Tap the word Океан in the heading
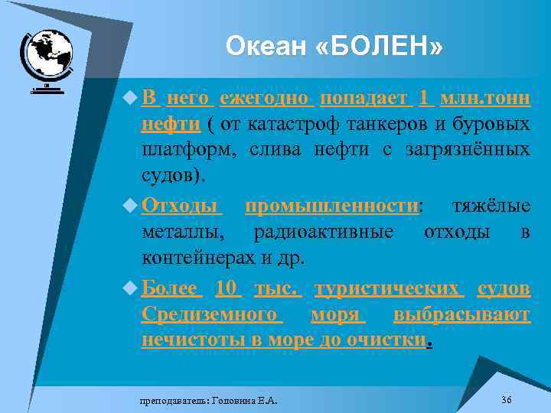pyautogui.click(x=266, y=47)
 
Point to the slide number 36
pyautogui.click(x=506, y=400)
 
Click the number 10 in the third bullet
pyautogui.click(x=228, y=289)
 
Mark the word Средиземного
pyautogui.click(x=210, y=314)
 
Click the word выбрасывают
pyautogui.click(x=461, y=314)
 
